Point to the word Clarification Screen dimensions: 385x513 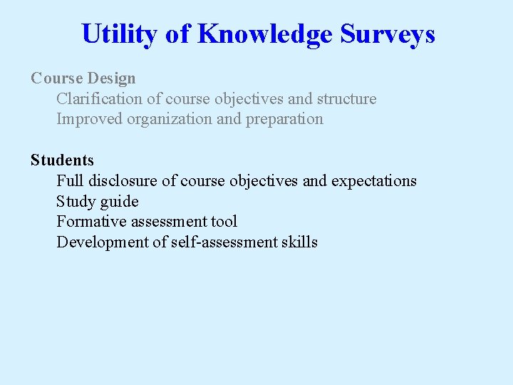click(x=100, y=98)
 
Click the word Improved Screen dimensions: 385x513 click(x=90, y=119)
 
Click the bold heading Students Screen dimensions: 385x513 click(x=62, y=160)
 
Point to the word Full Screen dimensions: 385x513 click(x=71, y=181)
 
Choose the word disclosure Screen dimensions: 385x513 click(x=123, y=181)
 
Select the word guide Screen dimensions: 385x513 click(x=120, y=201)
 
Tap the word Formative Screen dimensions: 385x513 click(x=92, y=222)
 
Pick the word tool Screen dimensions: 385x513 click(x=224, y=222)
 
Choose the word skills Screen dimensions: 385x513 click(x=299, y=242)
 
